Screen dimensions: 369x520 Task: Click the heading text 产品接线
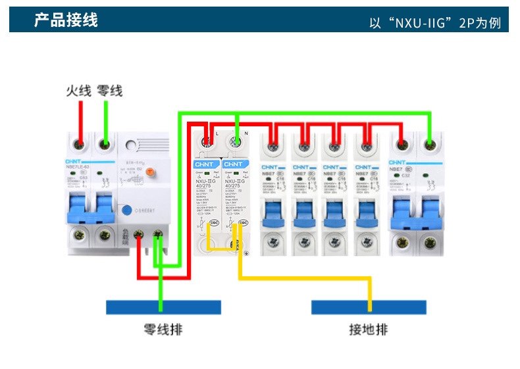coord(66,20)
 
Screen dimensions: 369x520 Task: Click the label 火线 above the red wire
coord(78,91)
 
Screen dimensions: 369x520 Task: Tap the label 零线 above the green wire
coord(110,91)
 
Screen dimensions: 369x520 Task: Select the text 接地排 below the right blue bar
coord(369,330)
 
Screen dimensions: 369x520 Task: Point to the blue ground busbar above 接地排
coord(369,307)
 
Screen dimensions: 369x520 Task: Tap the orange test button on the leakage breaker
coord(149,172)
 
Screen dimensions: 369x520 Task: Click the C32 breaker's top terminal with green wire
coord(430,141)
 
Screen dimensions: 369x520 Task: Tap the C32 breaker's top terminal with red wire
coord(401,141)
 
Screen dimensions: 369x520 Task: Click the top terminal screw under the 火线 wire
coord(80,144)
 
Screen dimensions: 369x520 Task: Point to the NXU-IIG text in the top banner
coord(419,24)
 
